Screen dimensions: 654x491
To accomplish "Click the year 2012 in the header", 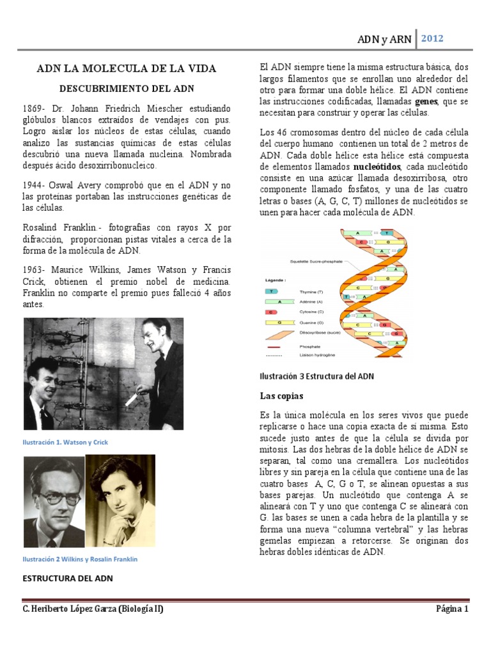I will click(432, 38).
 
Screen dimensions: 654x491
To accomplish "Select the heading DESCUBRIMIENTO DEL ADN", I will click(126, 88).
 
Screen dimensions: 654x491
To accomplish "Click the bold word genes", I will click(426, 102).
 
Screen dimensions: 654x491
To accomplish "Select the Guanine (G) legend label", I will click(313, 323).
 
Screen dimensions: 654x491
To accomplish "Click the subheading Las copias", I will click(281, 395).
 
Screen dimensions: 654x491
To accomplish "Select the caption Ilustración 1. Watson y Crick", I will click(70, 442).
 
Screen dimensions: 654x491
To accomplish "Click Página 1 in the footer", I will click(453, 609).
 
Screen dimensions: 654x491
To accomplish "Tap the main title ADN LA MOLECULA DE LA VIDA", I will click(126, 68).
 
